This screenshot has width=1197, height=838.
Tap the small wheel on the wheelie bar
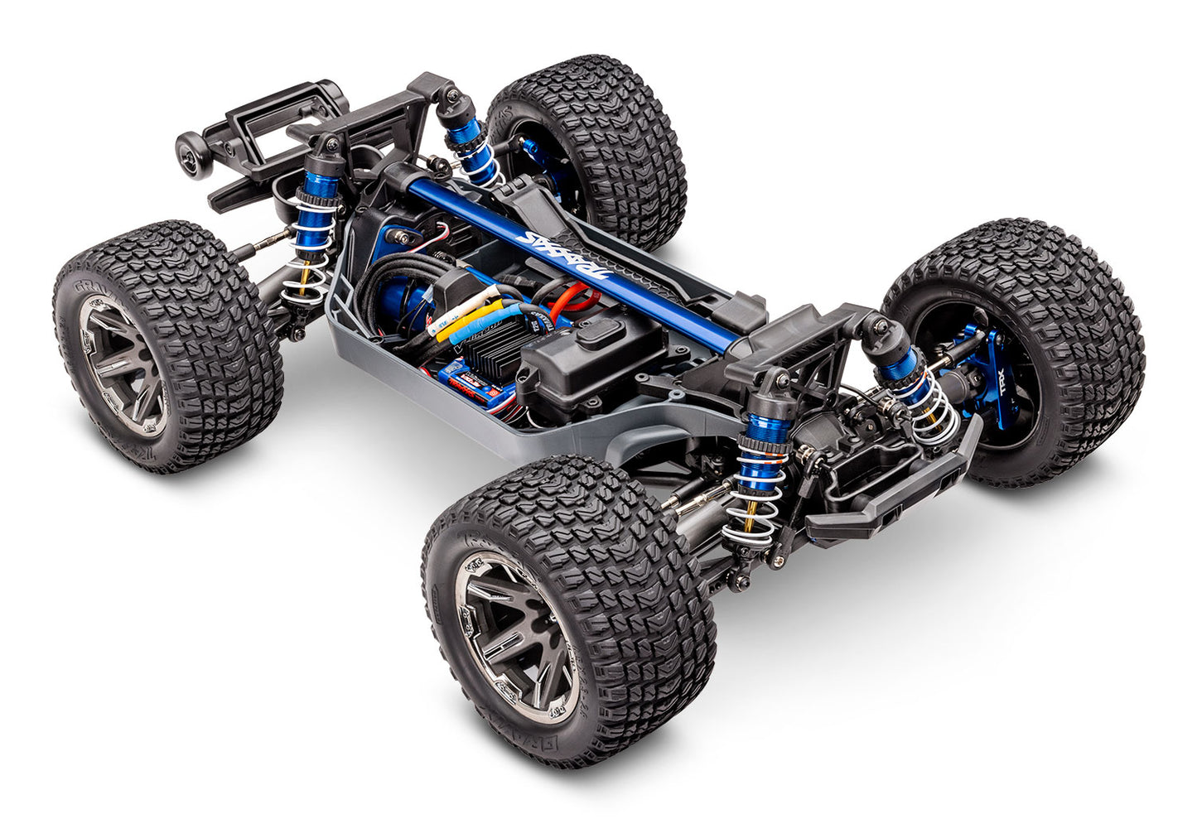point(190,154)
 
